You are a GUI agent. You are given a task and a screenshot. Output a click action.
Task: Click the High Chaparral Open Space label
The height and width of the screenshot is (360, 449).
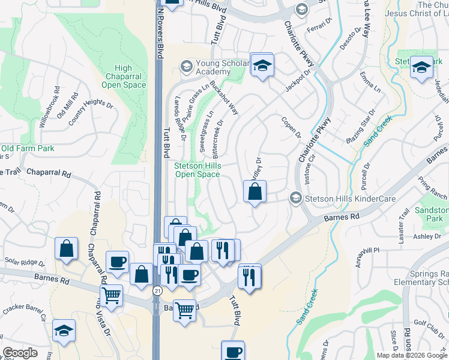(124, 76)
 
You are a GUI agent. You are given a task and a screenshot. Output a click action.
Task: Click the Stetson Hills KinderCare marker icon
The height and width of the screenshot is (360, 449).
(295, 197)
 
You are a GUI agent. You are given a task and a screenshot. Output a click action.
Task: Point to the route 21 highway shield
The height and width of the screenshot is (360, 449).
(157, 290)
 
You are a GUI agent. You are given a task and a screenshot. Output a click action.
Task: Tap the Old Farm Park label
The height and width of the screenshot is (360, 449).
(28, 148)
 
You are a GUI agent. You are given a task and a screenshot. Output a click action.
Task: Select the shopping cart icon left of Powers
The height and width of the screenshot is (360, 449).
(112, 295)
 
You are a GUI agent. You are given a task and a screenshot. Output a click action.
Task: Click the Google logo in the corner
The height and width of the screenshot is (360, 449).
(20, 353)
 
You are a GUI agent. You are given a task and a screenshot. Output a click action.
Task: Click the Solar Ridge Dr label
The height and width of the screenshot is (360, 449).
(25, 262)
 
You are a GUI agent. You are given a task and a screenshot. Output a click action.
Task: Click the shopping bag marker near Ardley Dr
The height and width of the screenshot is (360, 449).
(255, 192)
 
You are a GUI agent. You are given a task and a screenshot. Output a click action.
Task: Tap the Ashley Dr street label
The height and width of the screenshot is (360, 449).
(427, 236)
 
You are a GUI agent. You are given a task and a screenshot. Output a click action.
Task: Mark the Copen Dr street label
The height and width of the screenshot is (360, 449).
(291, 127)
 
